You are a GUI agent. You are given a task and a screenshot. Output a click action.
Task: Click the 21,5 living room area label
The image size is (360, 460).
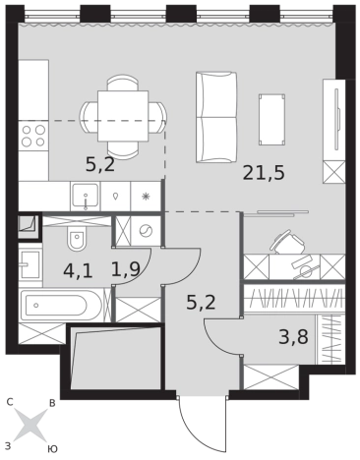point(264,173)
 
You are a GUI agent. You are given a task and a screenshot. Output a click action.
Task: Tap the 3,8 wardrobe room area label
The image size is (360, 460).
point(293,337)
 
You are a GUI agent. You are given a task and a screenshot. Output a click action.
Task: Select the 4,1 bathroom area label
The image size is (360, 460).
point(78,271)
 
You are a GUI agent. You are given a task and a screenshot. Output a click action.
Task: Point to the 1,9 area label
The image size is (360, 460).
point(126,269)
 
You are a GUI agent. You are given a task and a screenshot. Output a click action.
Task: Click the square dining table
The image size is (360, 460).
point(123,116)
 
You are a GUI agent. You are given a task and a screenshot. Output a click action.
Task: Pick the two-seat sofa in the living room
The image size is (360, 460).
point(216,117)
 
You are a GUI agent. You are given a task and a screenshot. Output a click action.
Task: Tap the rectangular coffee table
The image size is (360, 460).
point(271,120)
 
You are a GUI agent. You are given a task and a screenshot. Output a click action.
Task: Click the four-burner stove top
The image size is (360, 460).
point(33,136)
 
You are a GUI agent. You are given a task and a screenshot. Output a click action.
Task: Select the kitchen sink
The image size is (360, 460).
point(86,196)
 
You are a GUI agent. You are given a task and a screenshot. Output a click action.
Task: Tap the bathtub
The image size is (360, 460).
point(62,306)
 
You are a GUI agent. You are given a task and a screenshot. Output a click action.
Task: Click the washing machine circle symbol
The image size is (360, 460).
point(146,231)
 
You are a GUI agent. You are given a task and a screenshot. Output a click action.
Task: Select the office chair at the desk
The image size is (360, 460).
point(287,243)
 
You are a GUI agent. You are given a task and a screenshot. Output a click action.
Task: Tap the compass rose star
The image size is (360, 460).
point(30,425)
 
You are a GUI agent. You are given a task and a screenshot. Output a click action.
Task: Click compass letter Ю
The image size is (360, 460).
point(52,449)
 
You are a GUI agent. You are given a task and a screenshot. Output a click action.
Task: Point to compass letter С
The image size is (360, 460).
point(10,402)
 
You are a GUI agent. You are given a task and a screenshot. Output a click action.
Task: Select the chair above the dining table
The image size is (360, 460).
point(123,83)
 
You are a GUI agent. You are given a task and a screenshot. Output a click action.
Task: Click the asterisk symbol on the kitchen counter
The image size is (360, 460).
point(146,197)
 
